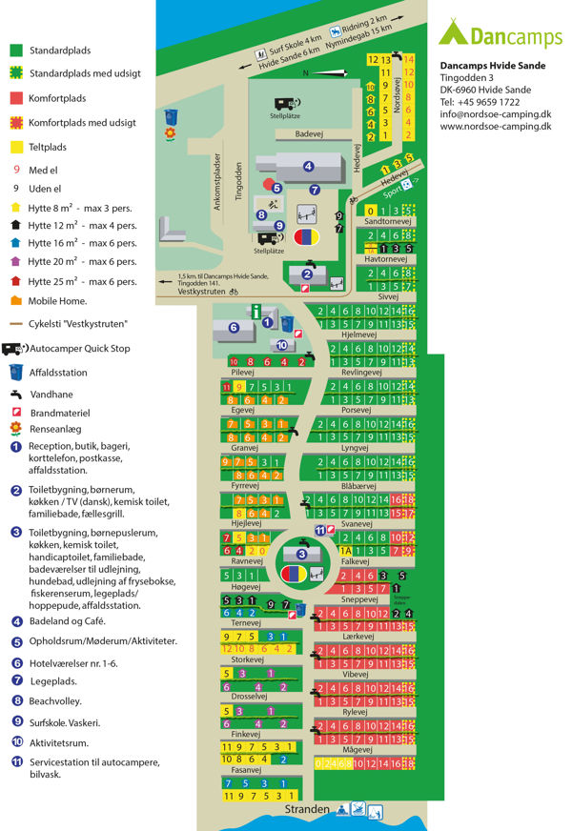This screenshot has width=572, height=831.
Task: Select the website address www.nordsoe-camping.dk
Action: click(496, 127)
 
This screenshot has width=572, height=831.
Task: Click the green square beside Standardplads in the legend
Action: click(16, 50)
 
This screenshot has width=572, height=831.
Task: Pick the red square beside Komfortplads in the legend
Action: click(16, 98)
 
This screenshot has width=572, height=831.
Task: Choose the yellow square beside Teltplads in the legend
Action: click(16, 148)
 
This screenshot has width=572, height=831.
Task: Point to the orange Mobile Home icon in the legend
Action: click(16, 301)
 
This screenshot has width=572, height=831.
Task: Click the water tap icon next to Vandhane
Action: click(16, 394)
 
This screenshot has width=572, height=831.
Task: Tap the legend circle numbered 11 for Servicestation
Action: click(16, 762)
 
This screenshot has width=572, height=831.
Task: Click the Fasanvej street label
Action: click(246, 769)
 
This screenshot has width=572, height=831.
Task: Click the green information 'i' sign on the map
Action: click(255, 310)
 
